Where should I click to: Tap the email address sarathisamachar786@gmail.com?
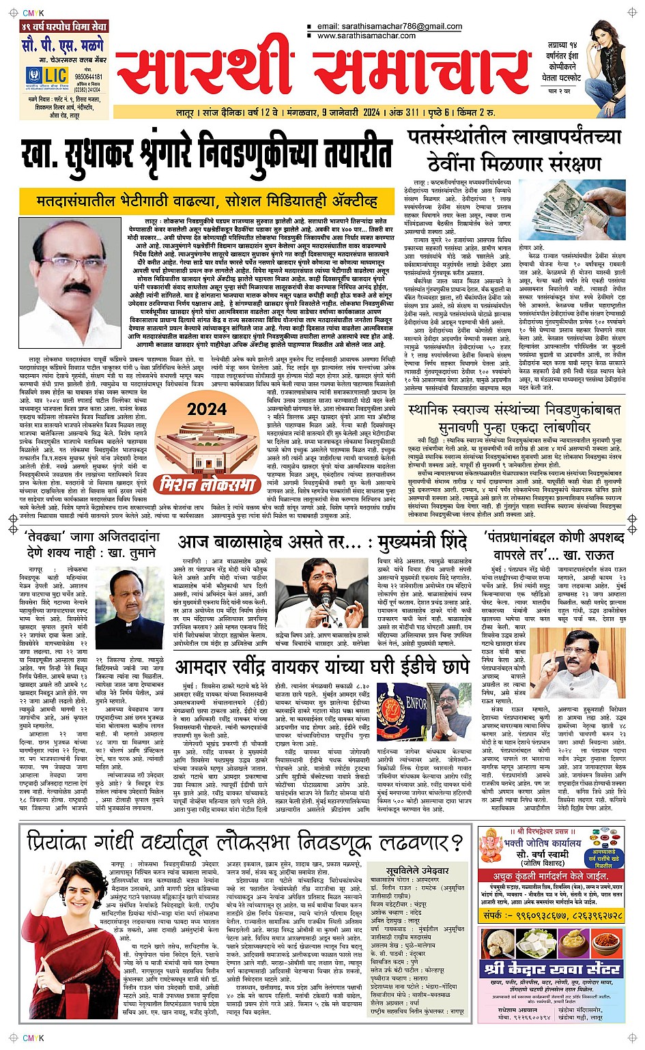(389, 27)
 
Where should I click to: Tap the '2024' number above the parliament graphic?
(207, 409)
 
